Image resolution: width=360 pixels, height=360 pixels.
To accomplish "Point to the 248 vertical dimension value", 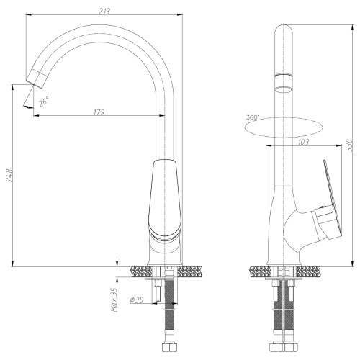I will coord(9,176).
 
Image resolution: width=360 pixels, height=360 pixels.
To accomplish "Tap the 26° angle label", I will coord(43,102).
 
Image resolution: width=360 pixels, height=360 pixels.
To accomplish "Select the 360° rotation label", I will coord(252,117).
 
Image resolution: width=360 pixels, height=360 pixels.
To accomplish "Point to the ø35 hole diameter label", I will coord(136,300).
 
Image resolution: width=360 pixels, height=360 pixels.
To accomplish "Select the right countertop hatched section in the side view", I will coord(310,271).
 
